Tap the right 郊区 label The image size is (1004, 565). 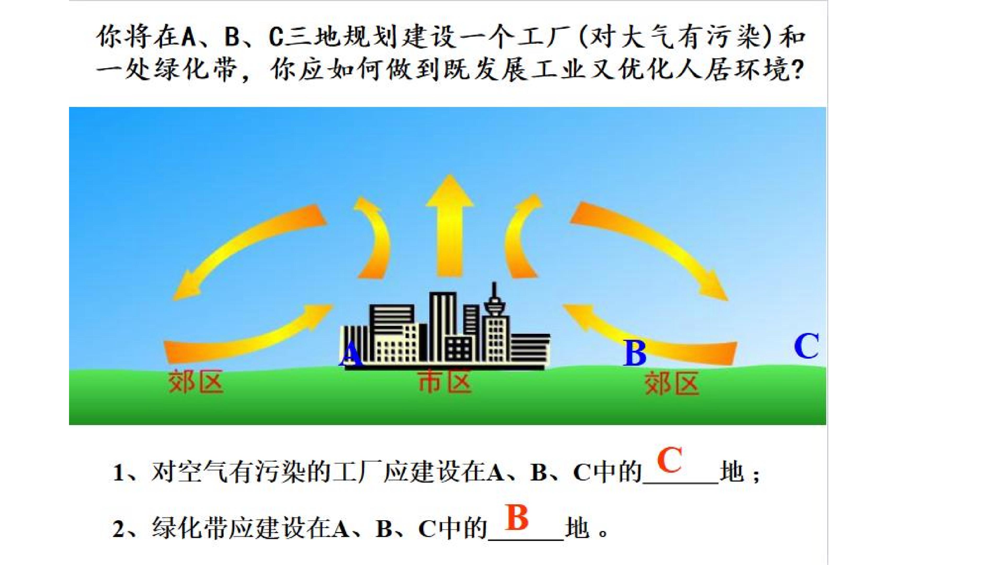click(671, 383)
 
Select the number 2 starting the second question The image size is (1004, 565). click(118, 529)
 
